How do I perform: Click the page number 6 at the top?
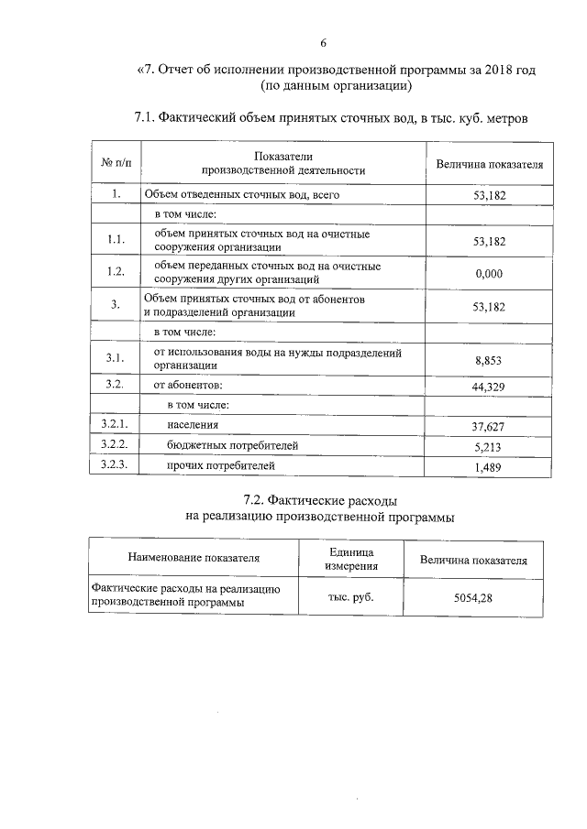323,44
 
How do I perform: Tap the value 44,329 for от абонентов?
488,388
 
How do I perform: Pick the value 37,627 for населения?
488,427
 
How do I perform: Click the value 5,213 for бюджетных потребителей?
488,448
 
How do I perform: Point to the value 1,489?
488,468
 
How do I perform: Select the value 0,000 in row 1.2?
488,273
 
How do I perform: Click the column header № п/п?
116,164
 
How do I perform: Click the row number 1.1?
116,240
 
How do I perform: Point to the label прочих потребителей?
220,466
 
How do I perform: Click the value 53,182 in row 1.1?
488,242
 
